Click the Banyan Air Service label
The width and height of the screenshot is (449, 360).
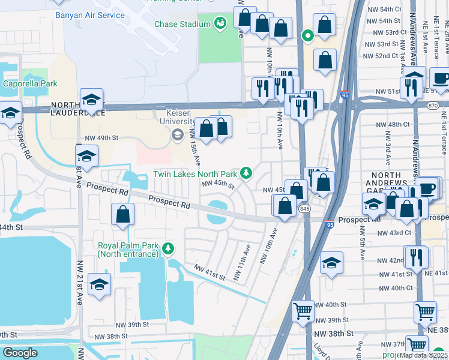coord(90,15)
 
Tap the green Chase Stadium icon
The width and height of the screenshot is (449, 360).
coord(220,23)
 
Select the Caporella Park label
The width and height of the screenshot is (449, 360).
coord(30,83)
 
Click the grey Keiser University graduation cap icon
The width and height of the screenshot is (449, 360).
coord(177,135)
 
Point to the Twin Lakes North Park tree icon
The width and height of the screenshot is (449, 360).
coord(246,173)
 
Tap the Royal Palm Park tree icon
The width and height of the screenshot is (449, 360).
coord(169,248)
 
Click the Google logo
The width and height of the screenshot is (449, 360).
coord(20,353)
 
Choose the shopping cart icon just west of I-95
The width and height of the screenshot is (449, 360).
coord(303,311)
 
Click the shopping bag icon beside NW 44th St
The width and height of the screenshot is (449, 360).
coord(122,214)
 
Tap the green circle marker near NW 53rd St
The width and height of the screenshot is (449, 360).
coord(308,35)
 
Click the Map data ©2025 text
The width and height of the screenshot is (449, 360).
coord(423,355)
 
